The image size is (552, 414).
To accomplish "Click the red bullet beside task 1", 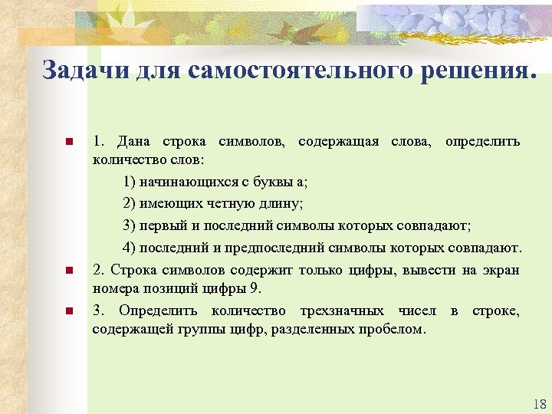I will coord(68,142).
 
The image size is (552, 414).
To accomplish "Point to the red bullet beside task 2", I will coord(68,270).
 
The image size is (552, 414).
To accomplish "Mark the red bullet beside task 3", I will coord(68,310).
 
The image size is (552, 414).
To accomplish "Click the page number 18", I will coord(537,404).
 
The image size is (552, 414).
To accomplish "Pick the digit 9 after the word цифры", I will coord(256,288).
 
